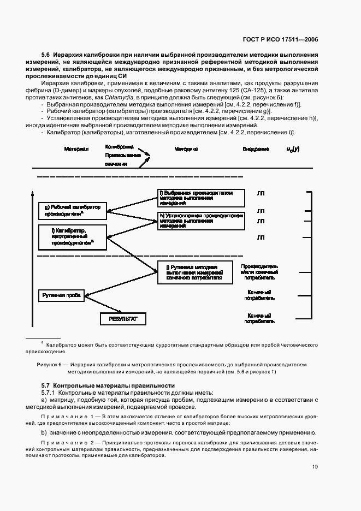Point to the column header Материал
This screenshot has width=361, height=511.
click(76, 148)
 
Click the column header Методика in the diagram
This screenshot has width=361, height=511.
click(186, 148)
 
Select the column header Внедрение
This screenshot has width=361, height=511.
click(256, 148)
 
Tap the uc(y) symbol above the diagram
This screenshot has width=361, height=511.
click(293, 148)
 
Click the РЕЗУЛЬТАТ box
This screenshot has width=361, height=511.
click(123, 318)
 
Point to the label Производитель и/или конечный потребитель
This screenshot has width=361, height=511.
click(259, 270)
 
